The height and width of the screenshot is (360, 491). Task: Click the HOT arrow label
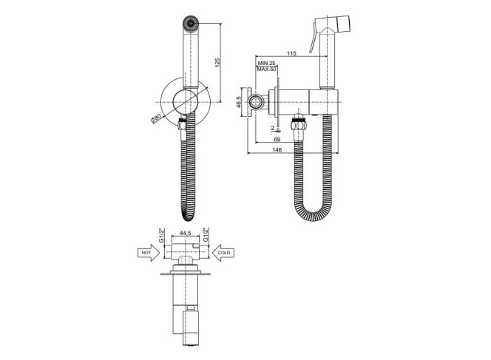pyautogui.click(x=146, y=253)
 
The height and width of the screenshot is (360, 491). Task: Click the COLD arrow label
pyautogui.click(x=224, y=253)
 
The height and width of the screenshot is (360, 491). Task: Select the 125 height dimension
pyautogui.click(x=217, y=61)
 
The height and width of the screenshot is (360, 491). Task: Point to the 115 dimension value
pyautogui.click(x=291, y=53)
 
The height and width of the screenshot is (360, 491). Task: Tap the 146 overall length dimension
pyautogui.click(x=277, y=150)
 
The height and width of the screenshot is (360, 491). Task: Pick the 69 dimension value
pyautogui.click(x=277, y=139)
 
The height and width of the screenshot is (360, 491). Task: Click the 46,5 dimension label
pyautogui.click(x=239, y=102)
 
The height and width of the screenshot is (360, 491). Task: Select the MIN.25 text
pyautogui.click(x=266, y=64)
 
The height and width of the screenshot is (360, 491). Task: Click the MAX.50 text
pyautogui.click(x=266, y=69)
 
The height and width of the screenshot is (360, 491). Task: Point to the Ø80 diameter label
pyautogui.click(x=155, y=118)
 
